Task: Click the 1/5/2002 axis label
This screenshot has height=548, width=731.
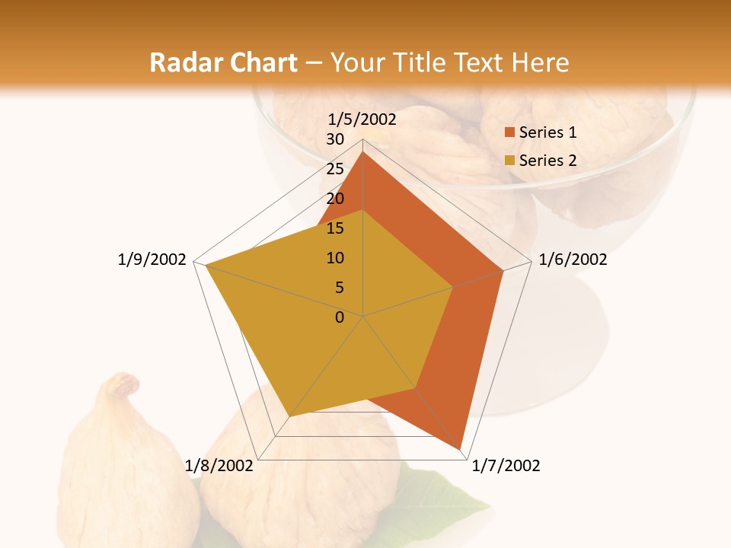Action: coord(362,119)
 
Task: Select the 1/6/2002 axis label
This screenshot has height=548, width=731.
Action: coord(573,260)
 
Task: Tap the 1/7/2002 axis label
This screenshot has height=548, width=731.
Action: coord(506,466)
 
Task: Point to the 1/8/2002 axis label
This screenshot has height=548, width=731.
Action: coord(219,466)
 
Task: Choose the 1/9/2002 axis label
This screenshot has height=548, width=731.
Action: coord(152,260)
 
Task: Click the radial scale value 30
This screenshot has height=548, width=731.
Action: coord(335,139)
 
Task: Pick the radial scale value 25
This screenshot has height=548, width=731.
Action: coord(335,169)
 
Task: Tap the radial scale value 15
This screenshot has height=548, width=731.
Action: coord(335,228)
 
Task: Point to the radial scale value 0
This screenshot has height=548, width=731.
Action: coord(340,317)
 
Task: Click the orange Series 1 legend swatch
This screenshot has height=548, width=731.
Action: coord(510,132)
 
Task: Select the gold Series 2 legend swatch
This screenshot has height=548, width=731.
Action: coord(510,161)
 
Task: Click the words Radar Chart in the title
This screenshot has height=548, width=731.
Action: coord(223,63)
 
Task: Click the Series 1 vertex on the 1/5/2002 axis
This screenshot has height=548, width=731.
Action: coord(363,151)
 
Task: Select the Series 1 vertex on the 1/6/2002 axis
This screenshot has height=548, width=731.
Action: coord(503,270)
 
